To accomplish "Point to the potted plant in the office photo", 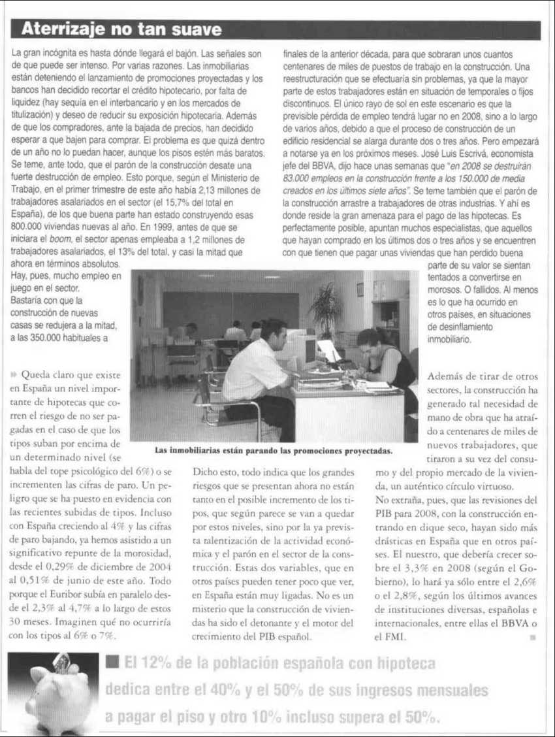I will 326,307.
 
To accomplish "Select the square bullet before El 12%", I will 112,663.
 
